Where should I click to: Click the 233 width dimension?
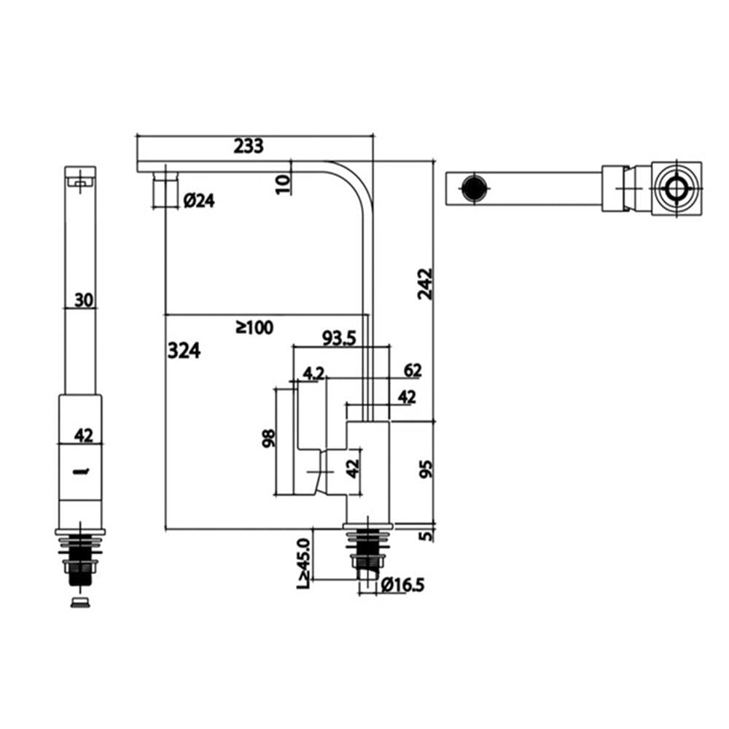[x=249, y=146]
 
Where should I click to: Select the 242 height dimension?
[x=425, y=284]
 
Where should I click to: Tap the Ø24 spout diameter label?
[x=199, y=201]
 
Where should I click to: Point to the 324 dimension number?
[x=184, y=351]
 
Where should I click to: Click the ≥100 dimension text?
[x=254, y=327]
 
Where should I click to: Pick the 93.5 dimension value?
[x=340, y=338]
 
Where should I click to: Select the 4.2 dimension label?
[x=313, y=373]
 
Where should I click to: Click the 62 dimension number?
[x=413, y=370]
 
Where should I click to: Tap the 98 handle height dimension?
[x=268, y=438]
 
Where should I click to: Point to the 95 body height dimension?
[x=426, y=469]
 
